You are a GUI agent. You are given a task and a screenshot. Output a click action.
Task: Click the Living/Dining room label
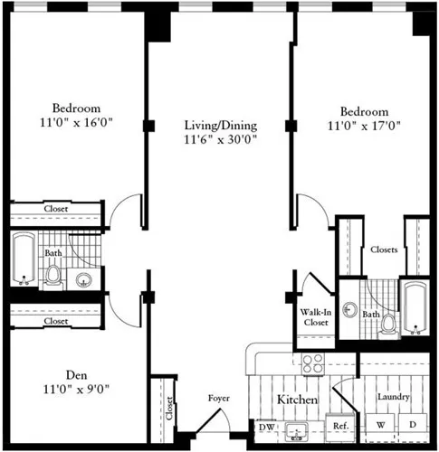pos(221,125)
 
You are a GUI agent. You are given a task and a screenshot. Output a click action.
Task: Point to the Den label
pos(76,373)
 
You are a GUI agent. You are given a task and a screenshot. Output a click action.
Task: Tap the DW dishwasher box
pos(267,428)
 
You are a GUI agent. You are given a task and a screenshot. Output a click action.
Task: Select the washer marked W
pos(381,425)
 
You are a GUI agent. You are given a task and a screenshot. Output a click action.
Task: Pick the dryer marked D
pos(412,425)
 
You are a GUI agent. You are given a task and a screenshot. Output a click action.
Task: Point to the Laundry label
pos(396,398)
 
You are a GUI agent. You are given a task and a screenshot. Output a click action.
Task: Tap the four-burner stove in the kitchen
pos(313,363)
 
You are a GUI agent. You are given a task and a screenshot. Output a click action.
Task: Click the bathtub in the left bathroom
pos(23,259)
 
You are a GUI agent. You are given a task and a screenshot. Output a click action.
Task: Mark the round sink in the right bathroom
pos(349,306)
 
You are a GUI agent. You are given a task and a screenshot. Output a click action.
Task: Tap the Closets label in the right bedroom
pos(383,250)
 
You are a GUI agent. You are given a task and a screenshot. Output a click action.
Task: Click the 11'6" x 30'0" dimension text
pos(221,140)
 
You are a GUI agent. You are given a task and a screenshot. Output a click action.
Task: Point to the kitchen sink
pos(295,431)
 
